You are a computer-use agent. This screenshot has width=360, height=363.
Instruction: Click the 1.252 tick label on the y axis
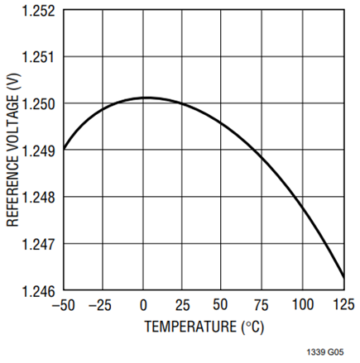click(x=38, y=11)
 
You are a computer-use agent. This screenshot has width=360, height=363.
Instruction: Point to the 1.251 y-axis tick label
click(x=38, y=57)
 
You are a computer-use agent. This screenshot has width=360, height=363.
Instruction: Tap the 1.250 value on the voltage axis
click(x=38, y=104)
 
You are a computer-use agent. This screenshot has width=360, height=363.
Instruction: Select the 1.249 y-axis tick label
click(x=38, y=150)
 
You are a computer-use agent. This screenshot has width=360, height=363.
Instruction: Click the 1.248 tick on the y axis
click(x=38, y=198)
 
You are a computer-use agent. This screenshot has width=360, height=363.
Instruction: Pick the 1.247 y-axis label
click(x=38, y=244)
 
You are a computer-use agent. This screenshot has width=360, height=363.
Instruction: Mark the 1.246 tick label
click(x=38, y=291)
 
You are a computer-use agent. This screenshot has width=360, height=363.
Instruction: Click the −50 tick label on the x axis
click(x=64, y=305)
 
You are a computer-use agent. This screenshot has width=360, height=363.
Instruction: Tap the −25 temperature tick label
click(x=100, y=305)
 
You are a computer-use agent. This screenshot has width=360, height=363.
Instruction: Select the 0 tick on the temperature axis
click(x=143, y=305)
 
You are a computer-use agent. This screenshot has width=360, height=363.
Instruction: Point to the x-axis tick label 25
click(x=183, y=305)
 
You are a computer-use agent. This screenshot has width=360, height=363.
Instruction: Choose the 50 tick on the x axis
click(x=220, y=304)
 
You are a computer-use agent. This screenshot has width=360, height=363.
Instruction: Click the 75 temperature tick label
click(x=261, y=305)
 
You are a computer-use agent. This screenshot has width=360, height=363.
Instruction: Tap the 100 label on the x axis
click(x=303, y=304)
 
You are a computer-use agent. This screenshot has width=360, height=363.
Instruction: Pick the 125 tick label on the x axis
click(x=343, y=304)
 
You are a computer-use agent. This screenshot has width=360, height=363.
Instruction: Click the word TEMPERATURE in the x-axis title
click(x=190, y=327)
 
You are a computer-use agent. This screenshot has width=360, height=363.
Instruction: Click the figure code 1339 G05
click(x=325, y=352)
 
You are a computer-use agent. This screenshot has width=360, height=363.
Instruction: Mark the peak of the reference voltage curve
click(x=146, y=98)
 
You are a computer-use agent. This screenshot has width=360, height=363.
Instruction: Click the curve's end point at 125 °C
click(x=344, y=279)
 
